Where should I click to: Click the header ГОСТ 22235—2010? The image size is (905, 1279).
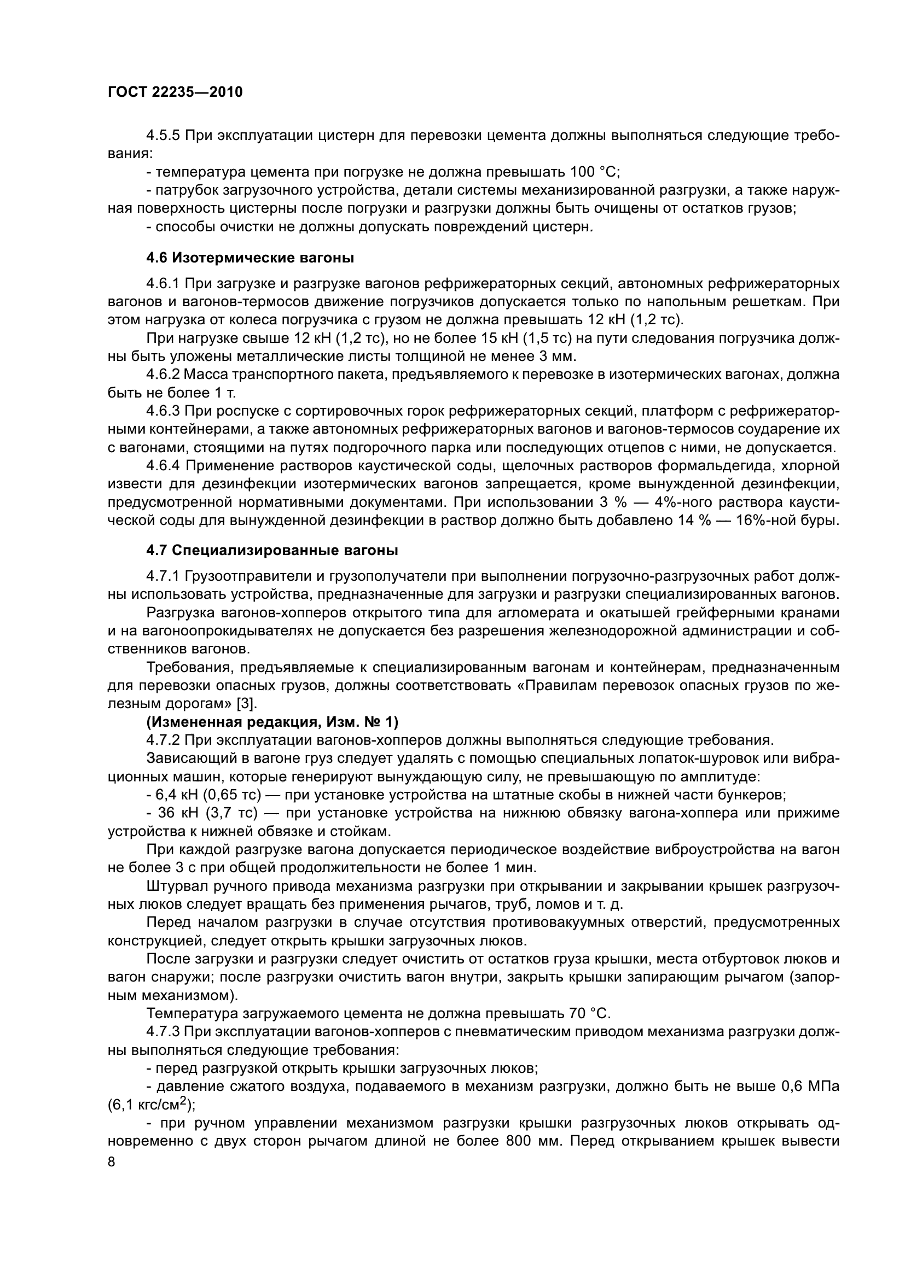(175, 92)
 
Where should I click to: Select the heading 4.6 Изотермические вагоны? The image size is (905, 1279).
(250, 258)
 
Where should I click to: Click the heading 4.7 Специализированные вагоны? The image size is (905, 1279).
(272, 551)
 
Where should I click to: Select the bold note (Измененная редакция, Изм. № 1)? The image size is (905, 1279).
(272, 722)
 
